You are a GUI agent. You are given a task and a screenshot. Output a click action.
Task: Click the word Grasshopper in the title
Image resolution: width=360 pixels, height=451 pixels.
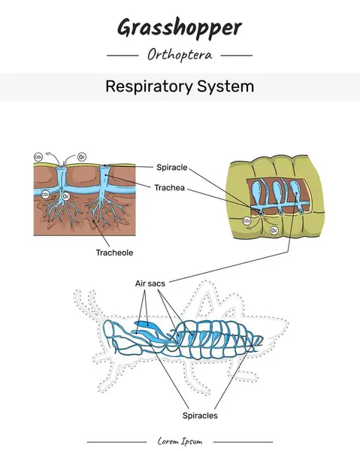click(x=180, y=28)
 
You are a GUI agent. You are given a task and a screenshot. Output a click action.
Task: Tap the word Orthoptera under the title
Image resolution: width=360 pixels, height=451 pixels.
click(x=180, y=55)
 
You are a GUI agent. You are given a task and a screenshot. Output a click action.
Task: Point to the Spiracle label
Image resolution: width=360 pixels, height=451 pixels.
click(x=172, y=167)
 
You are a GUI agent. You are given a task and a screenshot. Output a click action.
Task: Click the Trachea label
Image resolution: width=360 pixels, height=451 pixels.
click(x=171, y=187)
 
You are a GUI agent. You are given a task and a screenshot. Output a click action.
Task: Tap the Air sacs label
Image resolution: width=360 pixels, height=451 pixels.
click(x=150, y=283)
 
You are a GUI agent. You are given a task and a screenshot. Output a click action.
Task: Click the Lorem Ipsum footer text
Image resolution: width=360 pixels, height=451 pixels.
click(x=180, y=441)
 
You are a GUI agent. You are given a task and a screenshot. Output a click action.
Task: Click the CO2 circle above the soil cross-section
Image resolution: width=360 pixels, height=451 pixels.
click(x=38, y=157)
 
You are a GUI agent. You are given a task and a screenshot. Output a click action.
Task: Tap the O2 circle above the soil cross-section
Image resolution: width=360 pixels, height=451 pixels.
click(x=82, y=157)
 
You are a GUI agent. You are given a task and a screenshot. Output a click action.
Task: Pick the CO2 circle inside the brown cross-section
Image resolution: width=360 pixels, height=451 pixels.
click(x=46, y=194)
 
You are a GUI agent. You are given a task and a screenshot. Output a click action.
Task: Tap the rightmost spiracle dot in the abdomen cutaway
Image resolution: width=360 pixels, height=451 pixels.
click(x=301, y=213)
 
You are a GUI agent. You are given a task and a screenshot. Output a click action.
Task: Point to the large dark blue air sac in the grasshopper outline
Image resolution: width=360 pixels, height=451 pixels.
click(x=148, y=326)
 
